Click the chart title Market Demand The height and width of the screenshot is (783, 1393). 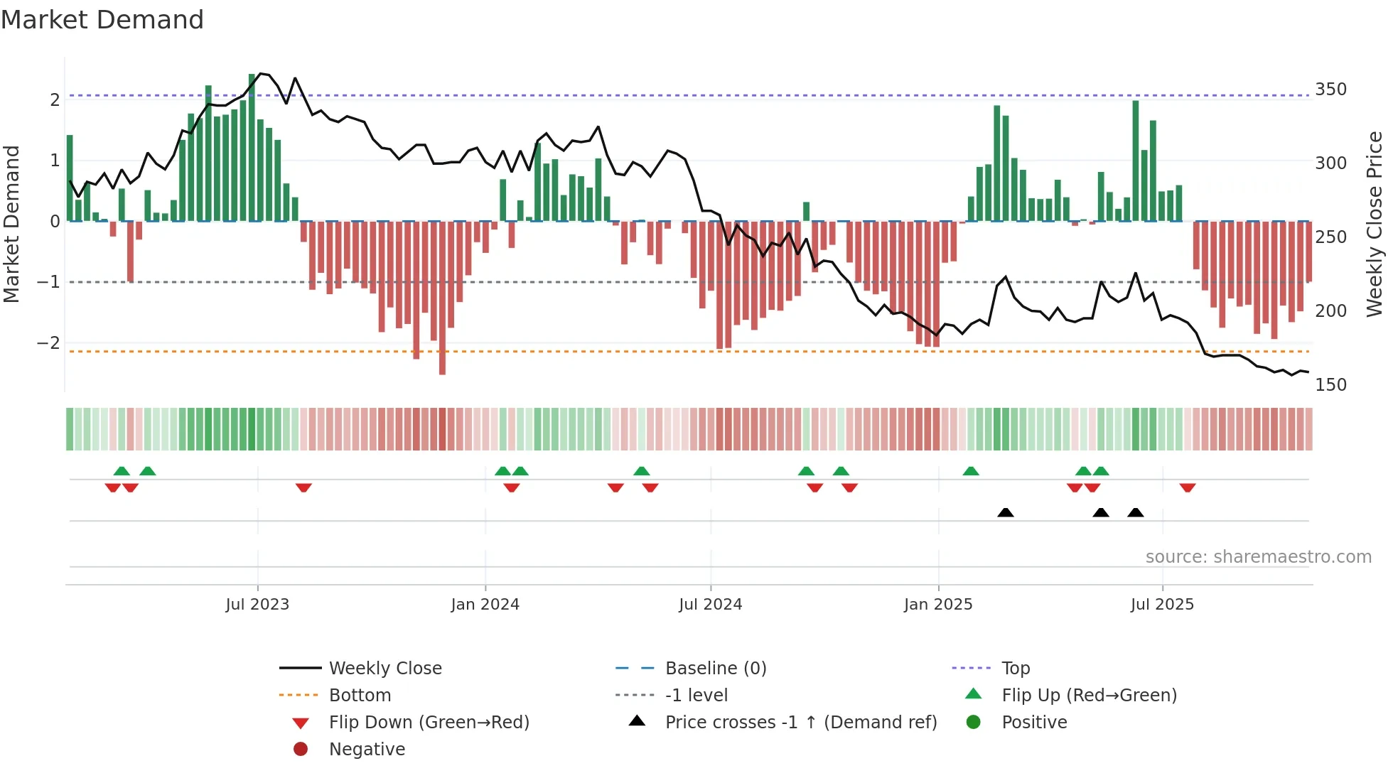(102, 19)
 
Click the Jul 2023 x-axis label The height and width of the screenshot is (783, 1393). (257, 605)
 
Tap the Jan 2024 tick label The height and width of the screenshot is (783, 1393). (485, 605)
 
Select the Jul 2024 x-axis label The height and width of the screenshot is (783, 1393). (710, 605)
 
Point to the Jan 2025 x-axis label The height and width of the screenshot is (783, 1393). (938, 605)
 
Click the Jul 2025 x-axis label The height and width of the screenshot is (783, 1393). (1162, 605)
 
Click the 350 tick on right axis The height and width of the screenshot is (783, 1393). (1330, 90)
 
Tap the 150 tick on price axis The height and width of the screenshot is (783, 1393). (1330, 385)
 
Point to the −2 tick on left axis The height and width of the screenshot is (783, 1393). (48, 343)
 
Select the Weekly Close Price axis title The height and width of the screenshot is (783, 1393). (1375, 224)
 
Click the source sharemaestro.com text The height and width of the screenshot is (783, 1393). (1258, 557)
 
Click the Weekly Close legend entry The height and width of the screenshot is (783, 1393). (384, 669)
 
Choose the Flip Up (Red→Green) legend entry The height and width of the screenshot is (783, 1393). (1088, 696)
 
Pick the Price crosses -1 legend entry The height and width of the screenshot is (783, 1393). (800, 723)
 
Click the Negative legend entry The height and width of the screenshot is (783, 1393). (366, 750)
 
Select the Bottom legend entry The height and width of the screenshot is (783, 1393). (360, 696)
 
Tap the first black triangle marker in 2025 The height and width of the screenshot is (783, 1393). (1005, 512)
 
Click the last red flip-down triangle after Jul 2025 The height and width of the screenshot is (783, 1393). (1187, 487)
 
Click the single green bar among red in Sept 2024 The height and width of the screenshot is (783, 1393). (806, 211)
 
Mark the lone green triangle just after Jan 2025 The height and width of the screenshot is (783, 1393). (970, 471)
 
